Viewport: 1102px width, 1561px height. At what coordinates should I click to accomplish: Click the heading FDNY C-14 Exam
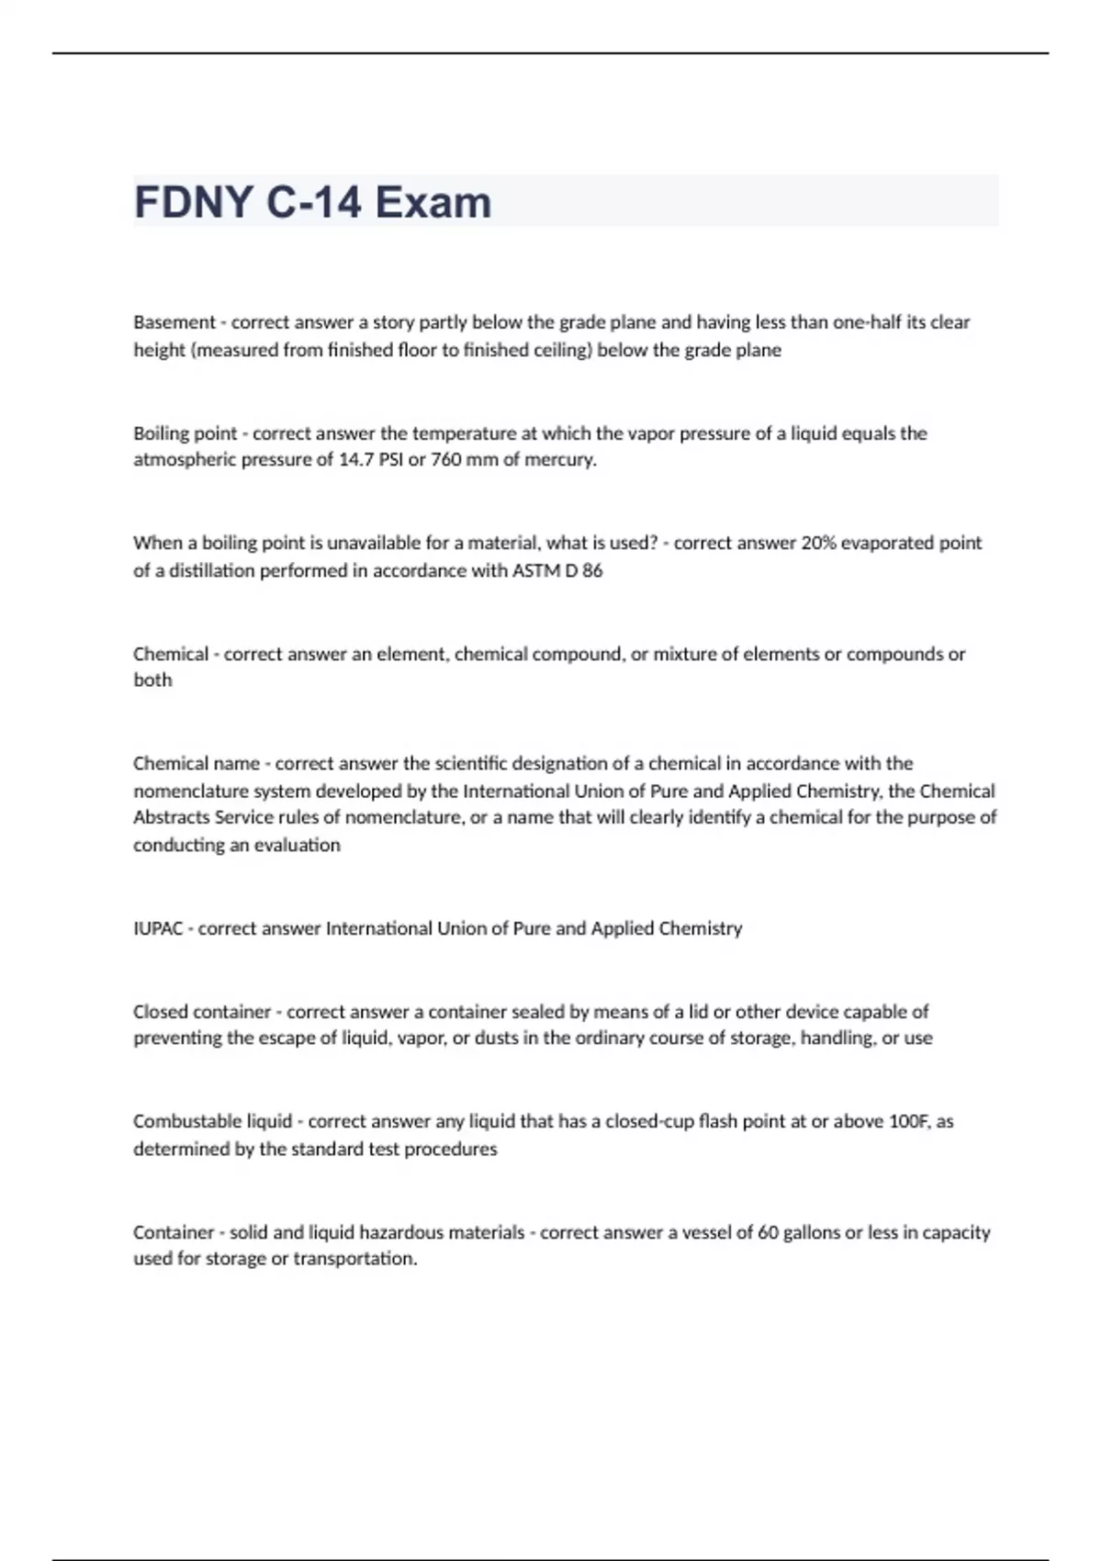coord(312,202)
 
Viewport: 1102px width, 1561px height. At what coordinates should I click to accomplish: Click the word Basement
coord(174,322)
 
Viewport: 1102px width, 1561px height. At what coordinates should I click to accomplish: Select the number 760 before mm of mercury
coord(445,460)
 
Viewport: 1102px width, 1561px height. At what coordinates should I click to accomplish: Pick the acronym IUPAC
coord(158,928)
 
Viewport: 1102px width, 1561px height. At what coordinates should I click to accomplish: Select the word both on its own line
coord(152,680)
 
